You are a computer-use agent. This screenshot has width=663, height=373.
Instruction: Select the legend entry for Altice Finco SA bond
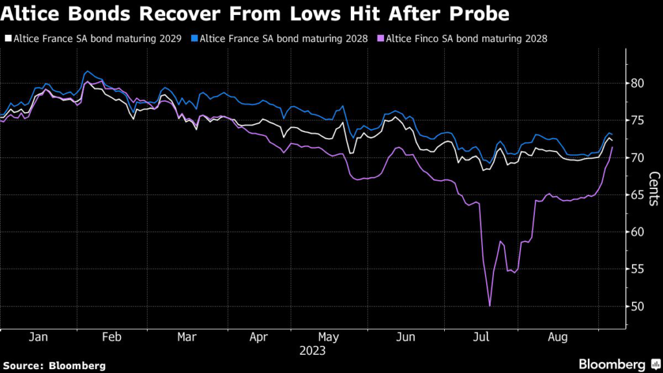click(466, 38)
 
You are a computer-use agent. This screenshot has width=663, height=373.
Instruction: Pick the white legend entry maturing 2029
click(94, 38)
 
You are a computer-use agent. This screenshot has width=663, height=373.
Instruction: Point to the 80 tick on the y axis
click(638, 83)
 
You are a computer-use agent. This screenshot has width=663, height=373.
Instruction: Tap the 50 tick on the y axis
click(638, 306)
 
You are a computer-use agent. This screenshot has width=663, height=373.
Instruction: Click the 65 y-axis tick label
click(638, 195)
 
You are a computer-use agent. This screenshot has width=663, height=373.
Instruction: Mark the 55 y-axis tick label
click(638, 269)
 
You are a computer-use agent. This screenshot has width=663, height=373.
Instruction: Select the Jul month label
click(482, 337)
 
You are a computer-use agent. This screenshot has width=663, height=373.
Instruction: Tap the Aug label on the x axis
click(558, 337)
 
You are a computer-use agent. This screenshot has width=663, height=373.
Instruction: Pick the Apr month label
click(259, 337)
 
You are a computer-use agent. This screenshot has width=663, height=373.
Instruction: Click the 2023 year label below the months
click(313, 351)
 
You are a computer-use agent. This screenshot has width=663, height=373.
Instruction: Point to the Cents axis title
click(654, 188)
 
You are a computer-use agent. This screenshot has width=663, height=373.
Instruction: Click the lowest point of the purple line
click(489, 306)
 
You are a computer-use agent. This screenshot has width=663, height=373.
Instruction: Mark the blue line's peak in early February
click(87, 71)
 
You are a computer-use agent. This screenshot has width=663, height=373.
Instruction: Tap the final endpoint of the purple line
click(612, 148)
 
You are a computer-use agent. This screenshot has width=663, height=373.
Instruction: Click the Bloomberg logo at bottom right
click(612, 365)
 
